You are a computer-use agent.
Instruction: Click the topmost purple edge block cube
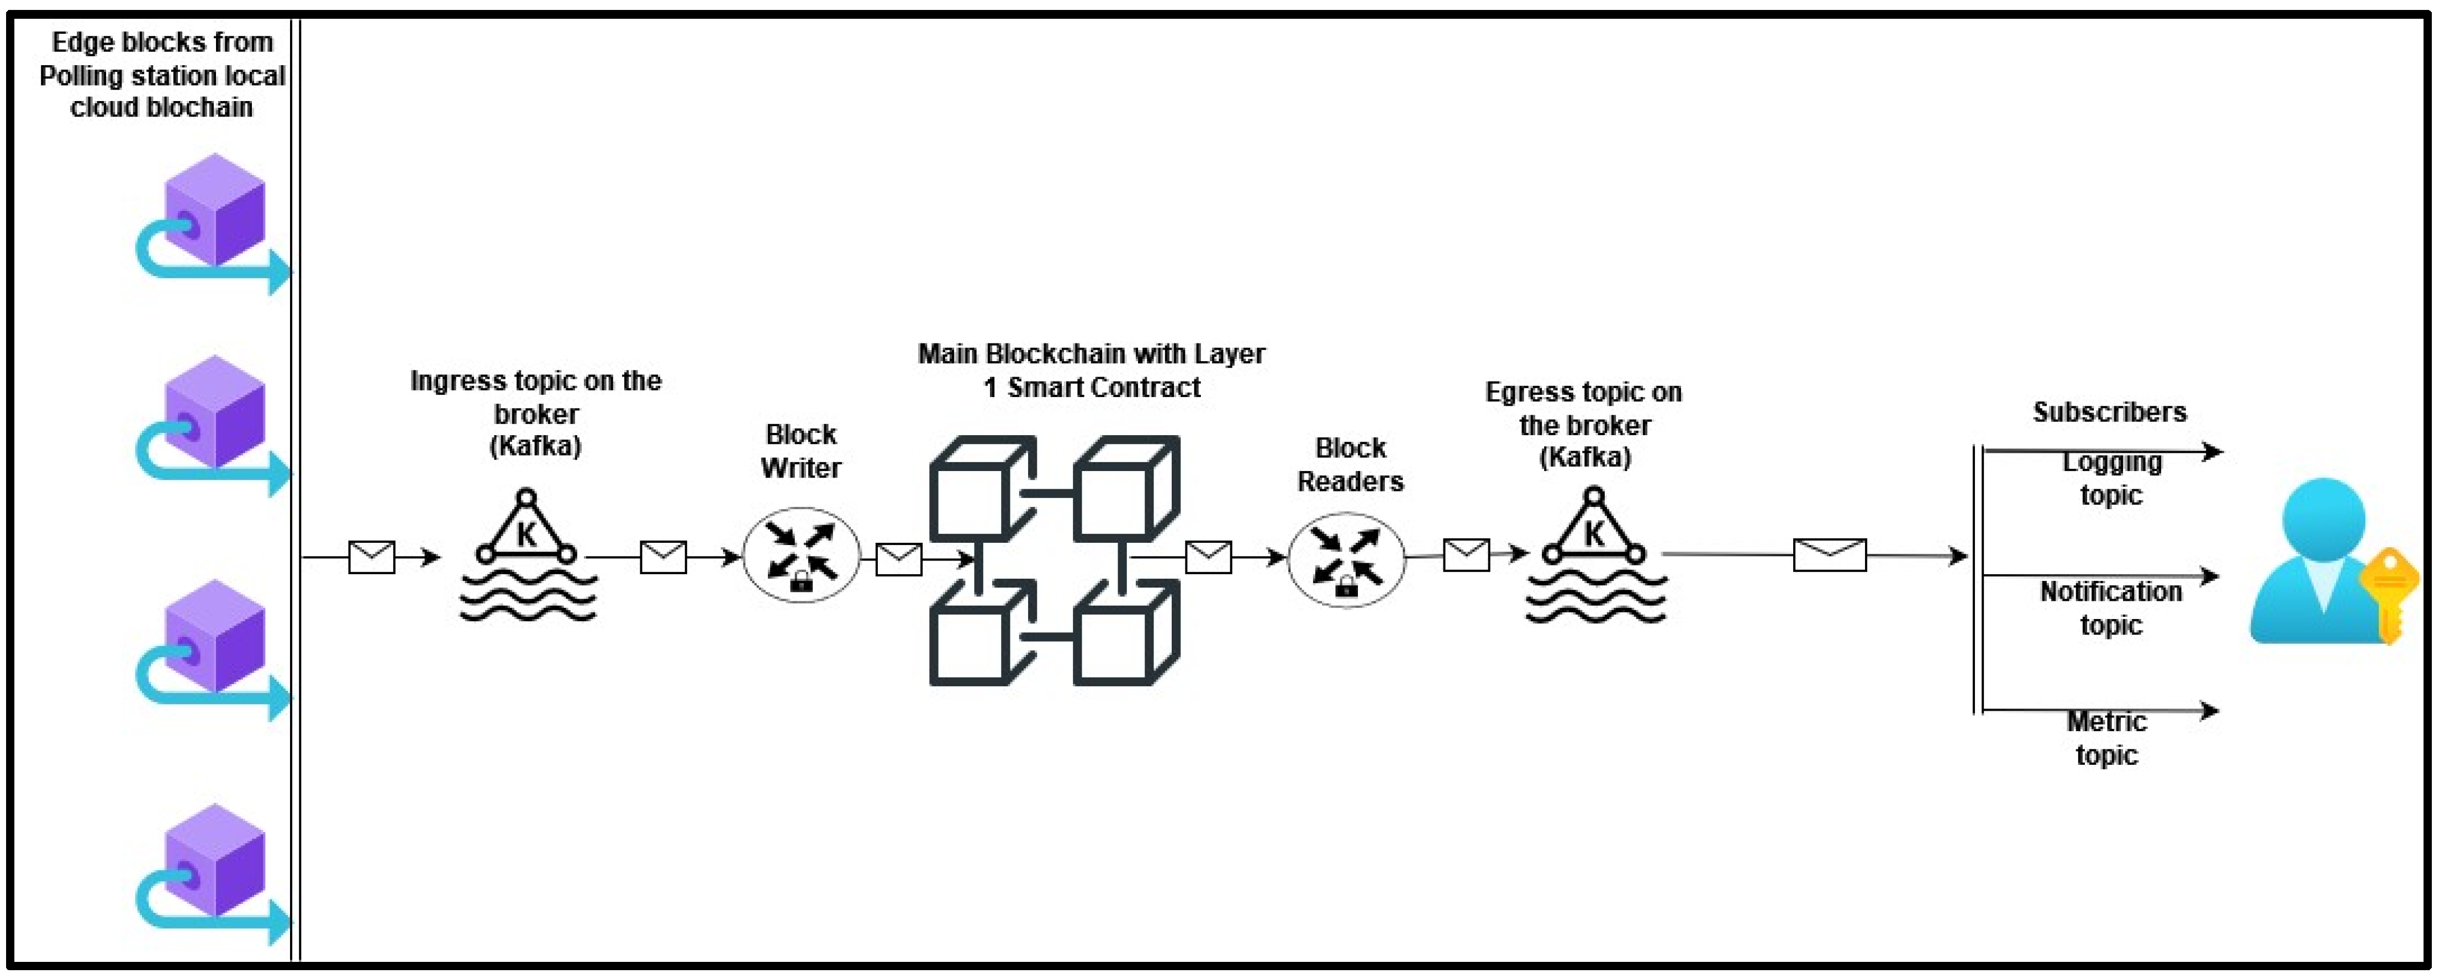click(214, 210)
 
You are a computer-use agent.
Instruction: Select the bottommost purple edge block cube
click(214, 861)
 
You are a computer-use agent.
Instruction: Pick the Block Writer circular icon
click(801, 556)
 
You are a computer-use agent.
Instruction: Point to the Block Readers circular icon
click(1346, 559)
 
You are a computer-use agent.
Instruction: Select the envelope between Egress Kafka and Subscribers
click(1829, 555)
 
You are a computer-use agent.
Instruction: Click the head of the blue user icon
click(2324, 519)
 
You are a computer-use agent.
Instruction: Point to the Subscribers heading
click(2110, 412)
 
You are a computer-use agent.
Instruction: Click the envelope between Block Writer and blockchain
click(898, 559)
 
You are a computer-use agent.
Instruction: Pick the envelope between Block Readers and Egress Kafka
click(1466, 555)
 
